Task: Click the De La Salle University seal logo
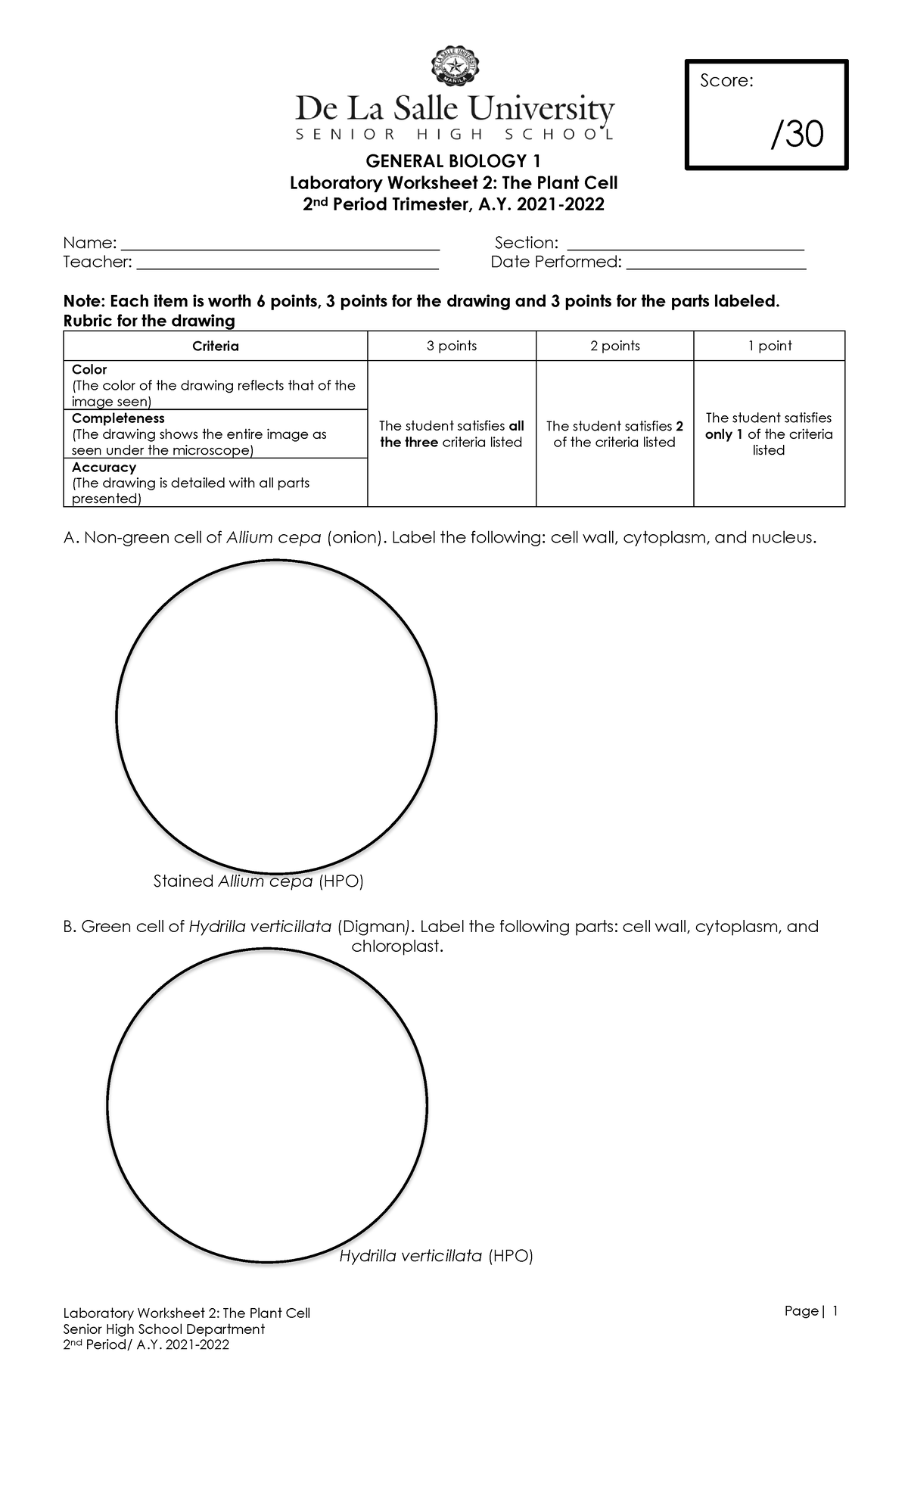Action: (454, 67)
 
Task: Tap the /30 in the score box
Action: (797, 135)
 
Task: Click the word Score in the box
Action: (725, 81)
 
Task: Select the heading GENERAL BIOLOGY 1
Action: (453, 161)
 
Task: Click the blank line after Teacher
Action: (288, 267)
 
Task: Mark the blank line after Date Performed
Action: (717, 267)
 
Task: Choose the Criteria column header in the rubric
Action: (216, 346)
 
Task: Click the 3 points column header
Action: (452, 346)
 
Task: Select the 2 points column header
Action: (615, 346)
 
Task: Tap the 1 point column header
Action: (770, 346)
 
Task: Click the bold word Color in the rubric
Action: (89, 370)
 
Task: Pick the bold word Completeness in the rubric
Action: (118, 418)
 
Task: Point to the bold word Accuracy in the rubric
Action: (104, 468)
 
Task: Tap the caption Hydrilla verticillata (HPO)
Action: (436, 1256)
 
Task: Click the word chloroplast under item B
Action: (396, 946)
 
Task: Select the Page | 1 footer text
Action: (811, 1311)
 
